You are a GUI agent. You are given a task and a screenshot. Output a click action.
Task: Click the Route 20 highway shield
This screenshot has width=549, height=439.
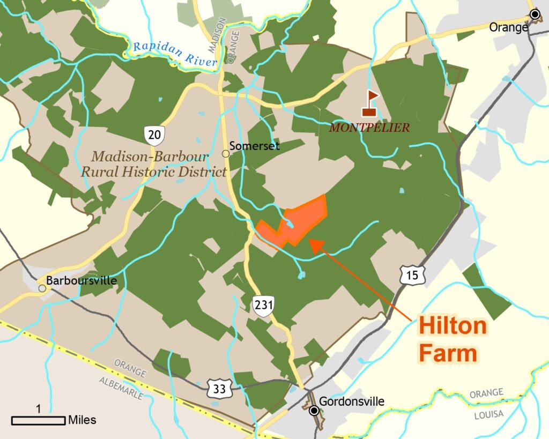154,135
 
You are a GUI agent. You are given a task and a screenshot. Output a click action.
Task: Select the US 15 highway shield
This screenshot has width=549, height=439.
412,275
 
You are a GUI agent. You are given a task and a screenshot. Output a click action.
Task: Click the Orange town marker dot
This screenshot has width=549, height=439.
534,14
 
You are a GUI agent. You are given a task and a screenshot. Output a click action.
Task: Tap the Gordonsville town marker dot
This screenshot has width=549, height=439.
314,411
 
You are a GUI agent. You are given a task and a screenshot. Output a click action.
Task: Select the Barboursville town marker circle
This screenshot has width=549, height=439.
42,288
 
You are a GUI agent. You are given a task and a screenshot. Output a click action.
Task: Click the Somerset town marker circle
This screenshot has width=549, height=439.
226,153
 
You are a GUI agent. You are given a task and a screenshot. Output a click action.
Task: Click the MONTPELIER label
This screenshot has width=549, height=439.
369,128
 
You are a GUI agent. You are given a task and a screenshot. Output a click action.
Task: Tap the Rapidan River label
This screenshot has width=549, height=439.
175,54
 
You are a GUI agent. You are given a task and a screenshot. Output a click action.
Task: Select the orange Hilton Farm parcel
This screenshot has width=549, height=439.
300,220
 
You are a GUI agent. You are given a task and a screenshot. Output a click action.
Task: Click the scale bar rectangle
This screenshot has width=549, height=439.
38,420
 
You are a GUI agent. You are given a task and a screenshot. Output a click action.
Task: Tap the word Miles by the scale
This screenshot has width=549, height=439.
82,420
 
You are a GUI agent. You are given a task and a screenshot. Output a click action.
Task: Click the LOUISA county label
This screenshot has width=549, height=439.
489,414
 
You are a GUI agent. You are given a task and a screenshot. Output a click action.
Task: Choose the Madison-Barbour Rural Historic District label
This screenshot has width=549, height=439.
153,164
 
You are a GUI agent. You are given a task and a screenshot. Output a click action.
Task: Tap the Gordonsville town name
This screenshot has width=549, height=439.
351,401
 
